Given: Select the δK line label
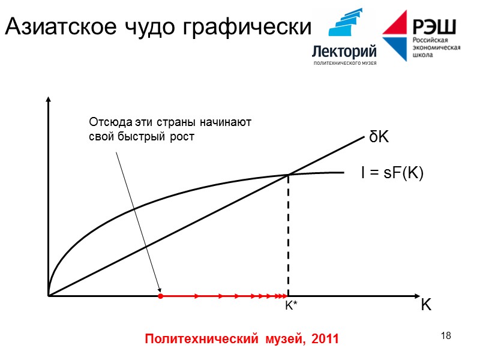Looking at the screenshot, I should click(379, 137).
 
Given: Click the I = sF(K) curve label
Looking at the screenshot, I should click(392, 173).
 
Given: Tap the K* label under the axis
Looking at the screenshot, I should click(291, 307).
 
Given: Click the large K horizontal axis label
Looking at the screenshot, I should click(425, 305).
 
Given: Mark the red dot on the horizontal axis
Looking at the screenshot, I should click(160, 296).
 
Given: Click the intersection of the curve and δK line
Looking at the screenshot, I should click(289, 175).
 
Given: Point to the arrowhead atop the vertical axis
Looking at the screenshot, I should click(48, 99).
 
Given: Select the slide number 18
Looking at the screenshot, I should click(445, 335).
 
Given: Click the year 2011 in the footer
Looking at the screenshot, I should click(325, 339).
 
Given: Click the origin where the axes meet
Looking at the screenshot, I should click(48, 296).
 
